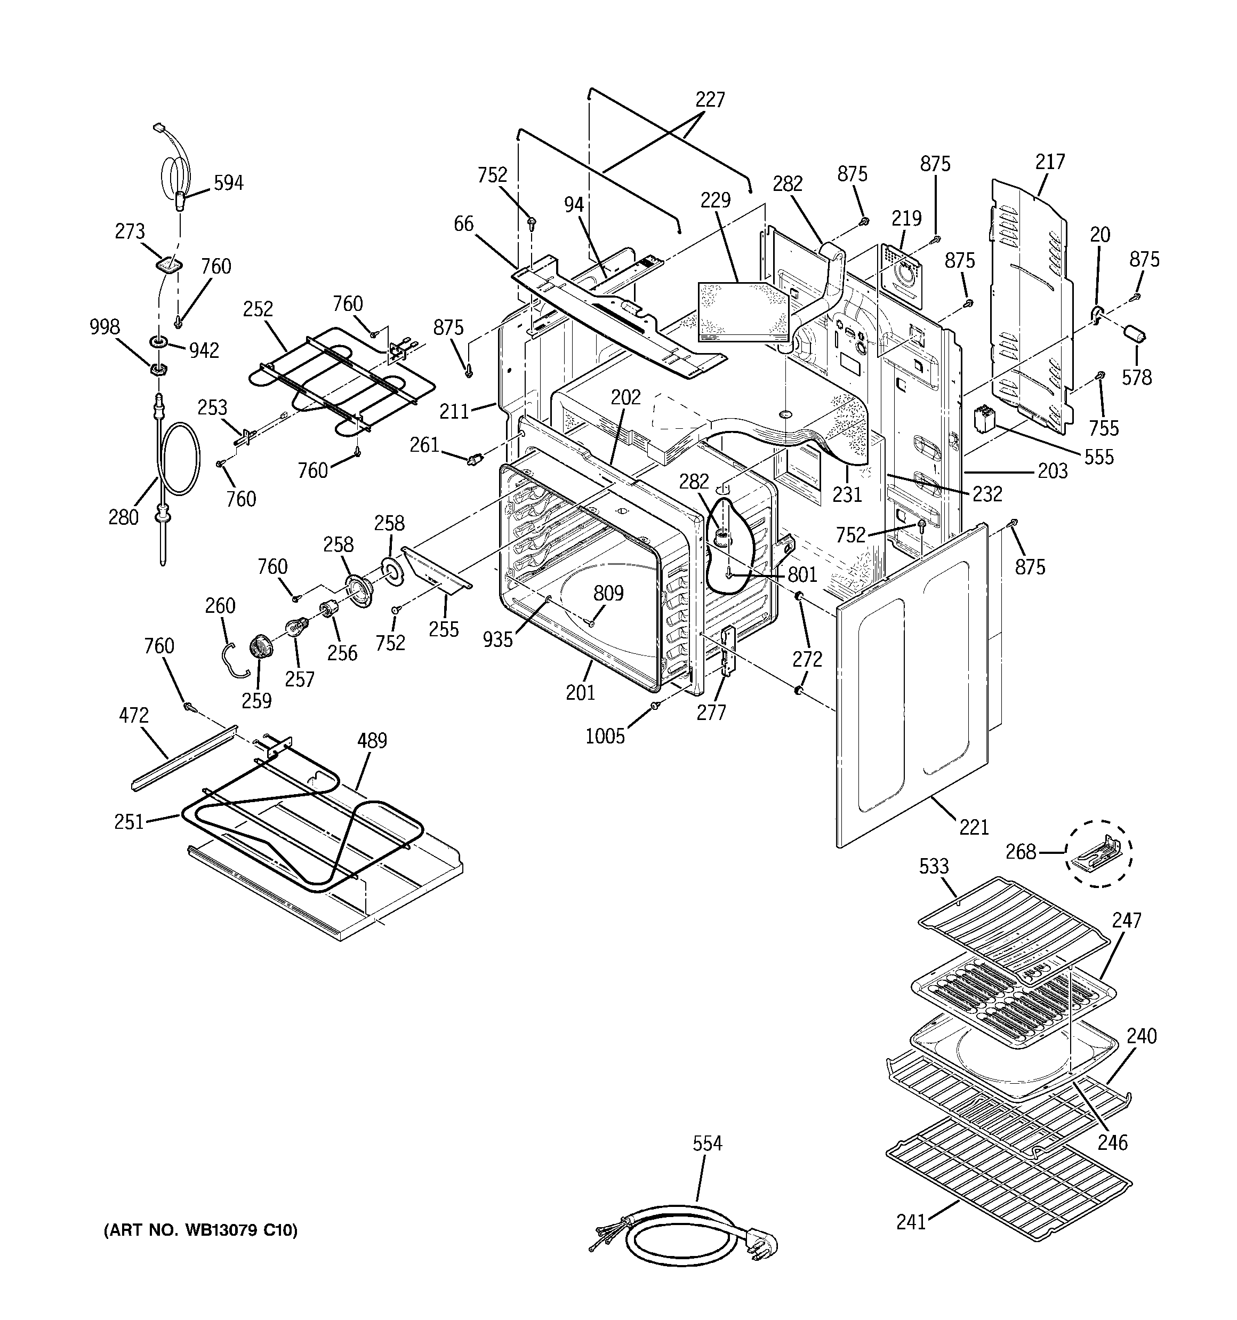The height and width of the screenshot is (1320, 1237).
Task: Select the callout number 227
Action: coord(710,100)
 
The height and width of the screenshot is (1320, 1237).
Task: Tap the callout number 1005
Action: coord(605,735)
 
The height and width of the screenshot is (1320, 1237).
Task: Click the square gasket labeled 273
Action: coord(168,266)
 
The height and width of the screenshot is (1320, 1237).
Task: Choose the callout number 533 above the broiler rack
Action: coord(934,866)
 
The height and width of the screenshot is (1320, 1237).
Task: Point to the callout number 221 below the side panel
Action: coord(974,827)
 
